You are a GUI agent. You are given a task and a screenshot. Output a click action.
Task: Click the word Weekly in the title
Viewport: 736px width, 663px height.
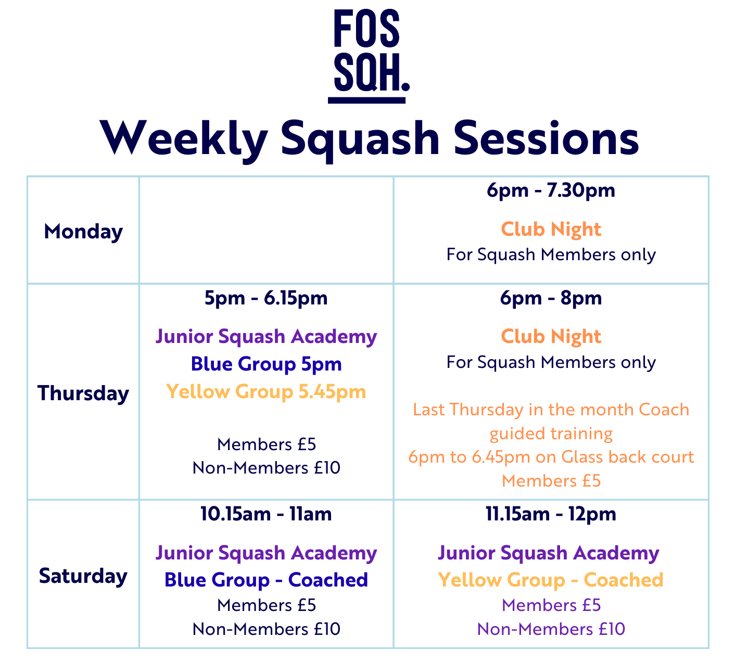tap(183, 138)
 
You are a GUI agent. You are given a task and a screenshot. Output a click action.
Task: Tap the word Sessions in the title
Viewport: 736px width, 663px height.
tap(546, 138)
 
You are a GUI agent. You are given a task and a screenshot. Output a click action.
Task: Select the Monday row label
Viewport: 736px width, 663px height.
tap(83, 232)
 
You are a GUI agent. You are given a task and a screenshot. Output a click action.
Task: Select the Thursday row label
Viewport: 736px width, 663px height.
tap(83, 393)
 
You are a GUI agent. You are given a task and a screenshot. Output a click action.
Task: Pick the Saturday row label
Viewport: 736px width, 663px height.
tap(83, 576)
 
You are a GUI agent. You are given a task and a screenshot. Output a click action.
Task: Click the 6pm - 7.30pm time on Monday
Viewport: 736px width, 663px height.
tap(551, 190)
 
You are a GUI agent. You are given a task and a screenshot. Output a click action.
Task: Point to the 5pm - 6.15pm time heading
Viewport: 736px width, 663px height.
tap(266, 298)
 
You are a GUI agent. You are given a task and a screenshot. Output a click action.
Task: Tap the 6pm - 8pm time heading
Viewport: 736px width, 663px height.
tap(551, 298)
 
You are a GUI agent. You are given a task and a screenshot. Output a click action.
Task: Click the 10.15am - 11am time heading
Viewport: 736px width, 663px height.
tap(266, 514)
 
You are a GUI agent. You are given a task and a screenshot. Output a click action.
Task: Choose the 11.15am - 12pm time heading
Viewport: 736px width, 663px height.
tap(551, 514)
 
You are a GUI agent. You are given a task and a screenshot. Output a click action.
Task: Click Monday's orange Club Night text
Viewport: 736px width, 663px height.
tap(551, 229)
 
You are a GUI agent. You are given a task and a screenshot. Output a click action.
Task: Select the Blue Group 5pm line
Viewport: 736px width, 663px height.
tap(266, 364)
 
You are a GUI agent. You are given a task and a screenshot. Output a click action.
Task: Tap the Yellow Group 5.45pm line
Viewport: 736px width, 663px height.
tap(266, 391)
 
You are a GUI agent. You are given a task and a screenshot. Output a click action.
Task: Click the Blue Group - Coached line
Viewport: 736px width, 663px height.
tap(266, 580)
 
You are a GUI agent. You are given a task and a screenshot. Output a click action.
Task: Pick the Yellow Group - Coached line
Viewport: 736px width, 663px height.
tap(551, 580)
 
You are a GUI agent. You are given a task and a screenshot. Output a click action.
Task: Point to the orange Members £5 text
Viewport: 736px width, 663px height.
tap(551, 481)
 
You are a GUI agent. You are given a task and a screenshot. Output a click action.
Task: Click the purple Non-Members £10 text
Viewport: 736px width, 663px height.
tap(551, 629)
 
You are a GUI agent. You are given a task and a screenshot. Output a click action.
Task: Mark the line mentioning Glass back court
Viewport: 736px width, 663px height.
tap(551, 457)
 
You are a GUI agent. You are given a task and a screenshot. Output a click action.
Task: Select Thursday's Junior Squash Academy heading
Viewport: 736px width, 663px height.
tap(266, 337)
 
